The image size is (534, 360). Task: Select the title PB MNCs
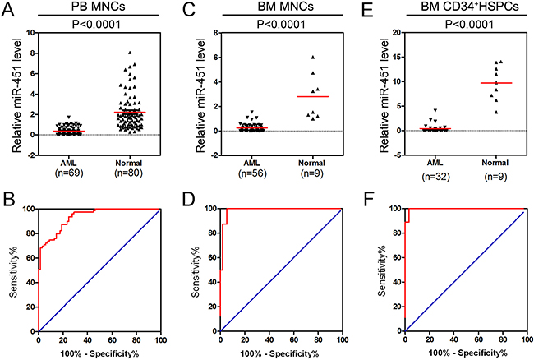tap(90, 7)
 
